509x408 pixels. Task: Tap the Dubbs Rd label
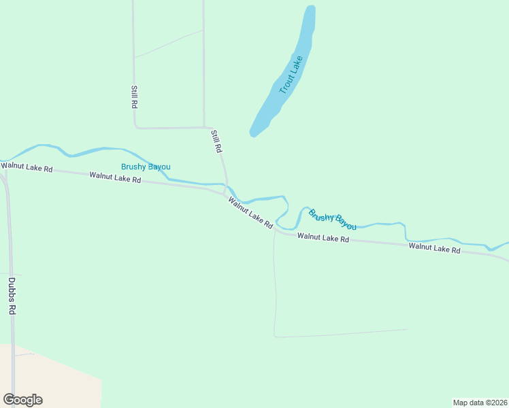point(12,295)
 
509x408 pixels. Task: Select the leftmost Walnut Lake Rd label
point(27,167)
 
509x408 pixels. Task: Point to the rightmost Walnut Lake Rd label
point(434,248)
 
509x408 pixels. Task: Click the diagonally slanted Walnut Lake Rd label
point(250,212)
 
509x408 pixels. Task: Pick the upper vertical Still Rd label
point(135,97)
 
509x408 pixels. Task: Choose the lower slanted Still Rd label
point(216,141)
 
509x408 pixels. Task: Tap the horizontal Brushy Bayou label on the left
point(146,167)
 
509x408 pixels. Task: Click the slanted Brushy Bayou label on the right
point(332,219)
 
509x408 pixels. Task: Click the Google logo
point(22,400)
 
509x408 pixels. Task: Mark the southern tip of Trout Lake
point(253,135)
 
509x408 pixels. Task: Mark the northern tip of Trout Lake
point(310,8)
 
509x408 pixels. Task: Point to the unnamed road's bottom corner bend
point(275,336)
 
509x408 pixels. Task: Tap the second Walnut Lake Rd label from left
point(115,178)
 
